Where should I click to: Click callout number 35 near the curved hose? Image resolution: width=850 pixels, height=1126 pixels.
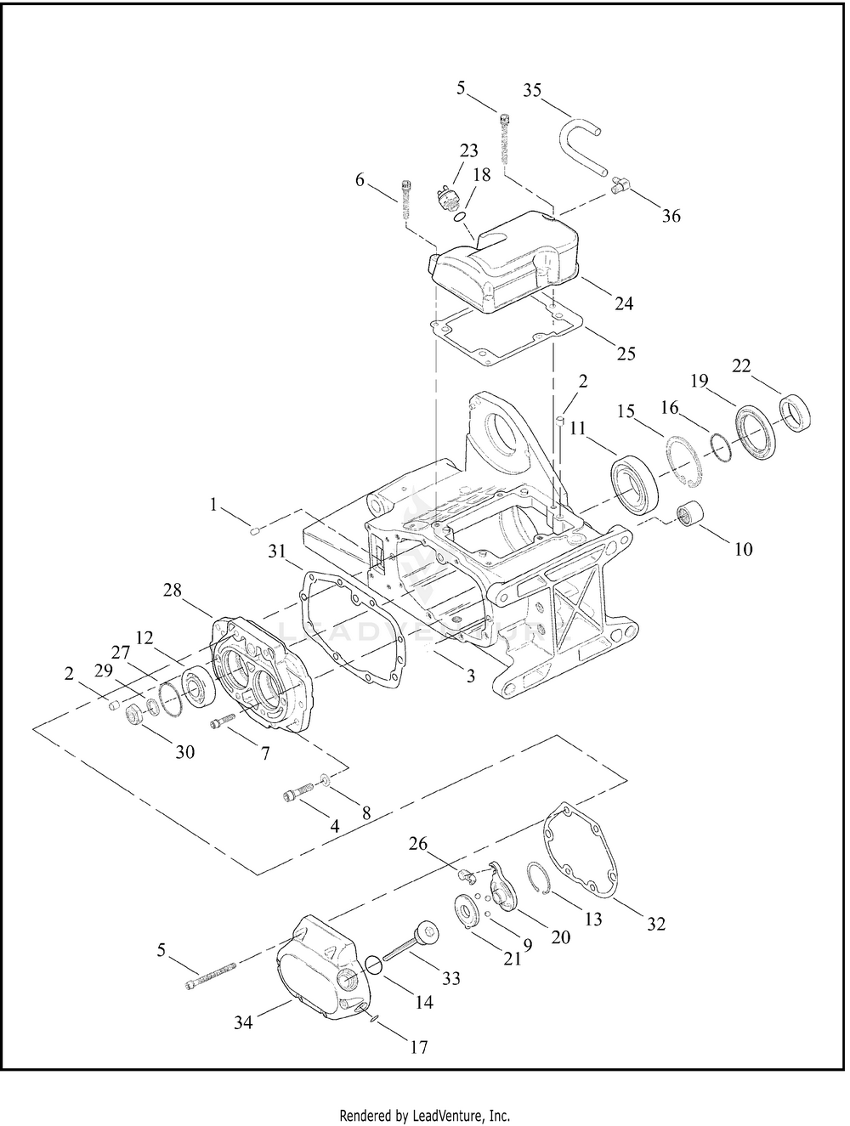pyautogui.click(x=532, y=90)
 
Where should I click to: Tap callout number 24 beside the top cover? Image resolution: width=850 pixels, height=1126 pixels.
pyautogui.click(x=624, y=303)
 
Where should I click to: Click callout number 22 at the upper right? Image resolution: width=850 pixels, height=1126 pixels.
pyautogui.click(x=741, y=365)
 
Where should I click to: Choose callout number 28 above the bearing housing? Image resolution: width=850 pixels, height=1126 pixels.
pyautogui.click(x=173, y=590)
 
